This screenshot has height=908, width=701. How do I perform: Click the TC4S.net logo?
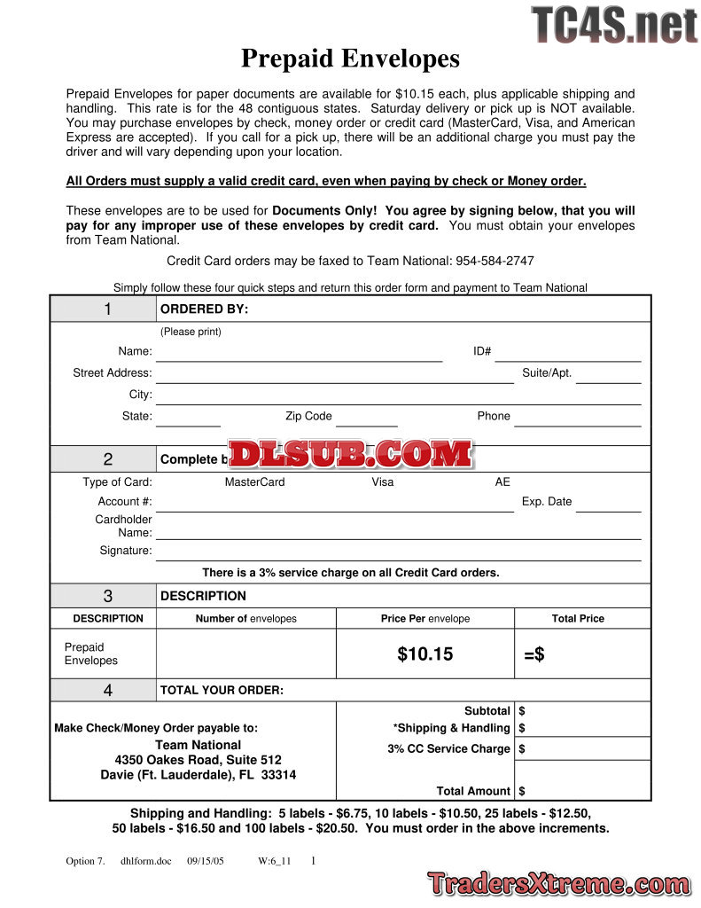tap(614, 25)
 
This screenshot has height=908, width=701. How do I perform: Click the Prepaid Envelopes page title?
tap(350, 59)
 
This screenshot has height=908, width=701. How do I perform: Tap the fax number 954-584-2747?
tap(495, 261)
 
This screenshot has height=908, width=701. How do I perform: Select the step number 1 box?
tap(107, 309)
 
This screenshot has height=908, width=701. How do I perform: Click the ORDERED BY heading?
tap(204, 309)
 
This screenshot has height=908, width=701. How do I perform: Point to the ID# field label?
tap(482, 351)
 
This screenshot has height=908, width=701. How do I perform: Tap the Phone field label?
tap(494, 416)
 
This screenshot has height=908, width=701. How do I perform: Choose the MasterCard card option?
tap(254, 482)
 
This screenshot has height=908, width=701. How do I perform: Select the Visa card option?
tap(383, 482)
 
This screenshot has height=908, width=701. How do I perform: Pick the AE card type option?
tap(502, 482)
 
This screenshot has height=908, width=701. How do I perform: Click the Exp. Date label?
tap(547, 501)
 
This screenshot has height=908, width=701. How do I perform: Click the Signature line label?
tap(126, 551)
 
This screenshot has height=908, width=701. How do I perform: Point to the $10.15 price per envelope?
tap(424, 654)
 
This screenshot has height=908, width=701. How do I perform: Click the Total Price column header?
tap(578, 619)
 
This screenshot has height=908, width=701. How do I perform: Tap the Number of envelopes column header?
tap(245, 619)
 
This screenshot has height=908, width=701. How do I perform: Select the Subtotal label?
tap(487, 711)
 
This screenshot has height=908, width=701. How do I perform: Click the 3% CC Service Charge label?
tap(448, 748)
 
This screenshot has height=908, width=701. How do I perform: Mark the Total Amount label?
tap(473, 791)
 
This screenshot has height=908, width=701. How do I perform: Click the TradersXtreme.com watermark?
tap(557, 883)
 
